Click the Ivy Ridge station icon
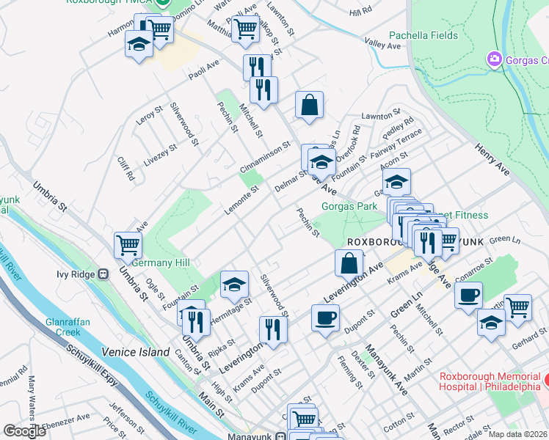pos(103,274)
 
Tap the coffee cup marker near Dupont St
pos(325,318)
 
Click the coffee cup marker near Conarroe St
pos(468,295)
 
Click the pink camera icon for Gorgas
pos(494,58)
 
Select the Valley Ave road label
pos(383,45)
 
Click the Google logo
pos(24,431)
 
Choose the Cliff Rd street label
pos(126,171)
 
